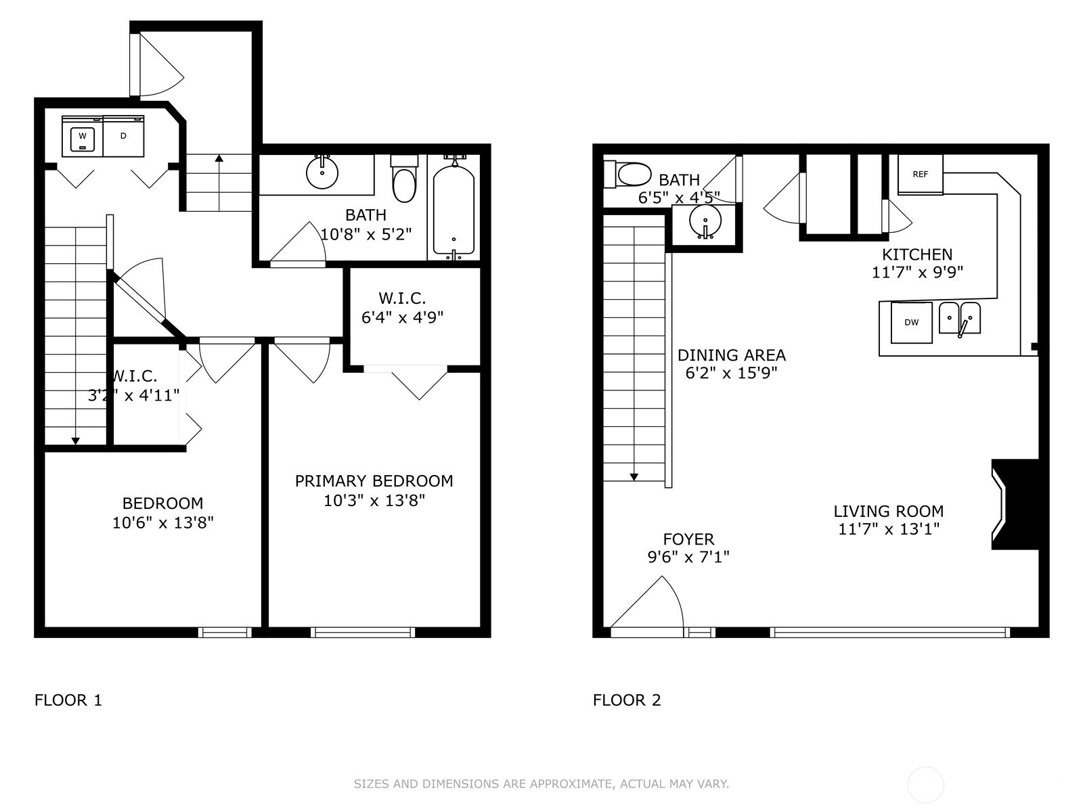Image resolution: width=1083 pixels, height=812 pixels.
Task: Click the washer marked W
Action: (83, 136)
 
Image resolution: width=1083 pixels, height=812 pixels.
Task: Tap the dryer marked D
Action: (123, 136)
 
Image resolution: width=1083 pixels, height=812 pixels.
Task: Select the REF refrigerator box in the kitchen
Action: (920, 175)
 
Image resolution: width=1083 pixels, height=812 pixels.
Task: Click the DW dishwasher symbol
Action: (911, 323)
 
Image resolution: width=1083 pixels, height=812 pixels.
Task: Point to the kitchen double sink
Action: (959, 319)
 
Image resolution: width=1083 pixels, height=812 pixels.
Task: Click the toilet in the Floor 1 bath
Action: (405, 179)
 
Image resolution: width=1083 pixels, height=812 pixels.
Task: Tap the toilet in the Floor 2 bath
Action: (627, 175)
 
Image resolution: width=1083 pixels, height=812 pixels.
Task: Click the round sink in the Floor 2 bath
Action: (705, 223)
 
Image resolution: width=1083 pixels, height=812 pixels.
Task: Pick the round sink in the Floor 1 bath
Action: (322, 173)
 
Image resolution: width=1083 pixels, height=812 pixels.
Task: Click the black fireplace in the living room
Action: (1015, 504)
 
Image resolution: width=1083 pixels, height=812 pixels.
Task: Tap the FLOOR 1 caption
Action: (68, 700)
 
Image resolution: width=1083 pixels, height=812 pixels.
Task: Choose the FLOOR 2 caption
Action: (627, 700)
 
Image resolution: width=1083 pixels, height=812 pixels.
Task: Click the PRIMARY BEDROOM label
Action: (374, 480)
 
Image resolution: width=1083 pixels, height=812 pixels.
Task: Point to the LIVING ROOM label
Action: (889, 512)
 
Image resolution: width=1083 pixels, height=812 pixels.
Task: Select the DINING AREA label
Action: (732, 355)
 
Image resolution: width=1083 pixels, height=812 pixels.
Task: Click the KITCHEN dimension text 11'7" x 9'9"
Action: (917, 272)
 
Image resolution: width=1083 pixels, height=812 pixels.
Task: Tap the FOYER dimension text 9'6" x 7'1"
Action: (688, 557)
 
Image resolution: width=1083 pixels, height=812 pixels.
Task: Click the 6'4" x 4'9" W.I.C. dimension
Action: (402, 317)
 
